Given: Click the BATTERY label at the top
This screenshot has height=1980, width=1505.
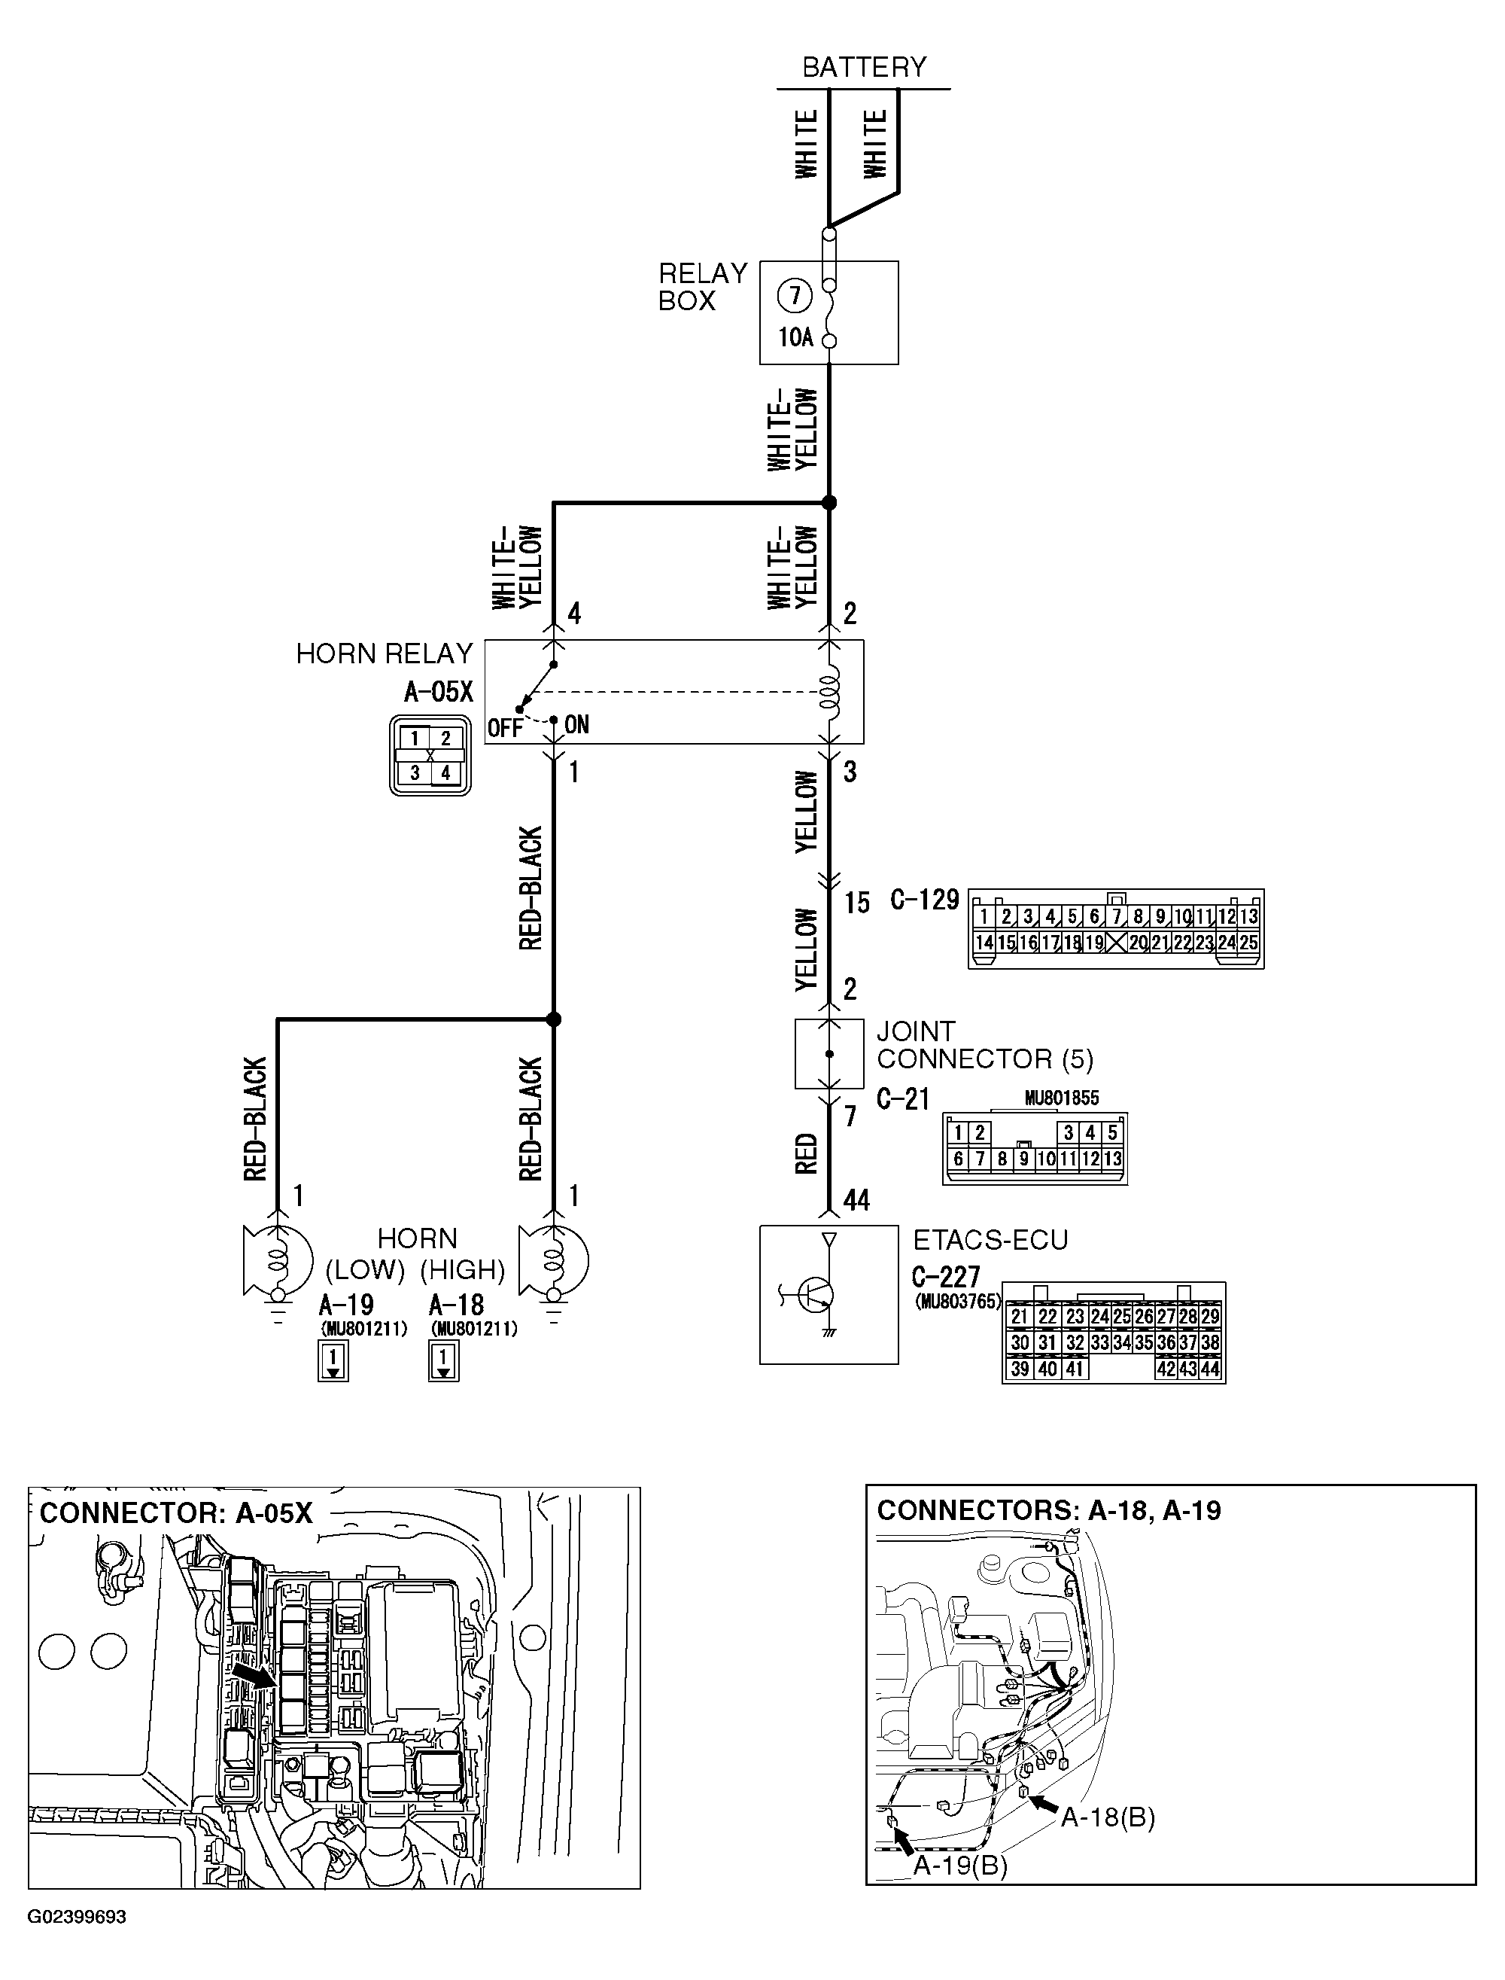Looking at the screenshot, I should click(864, 67).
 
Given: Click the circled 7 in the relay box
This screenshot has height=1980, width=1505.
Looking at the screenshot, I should click(794, 296).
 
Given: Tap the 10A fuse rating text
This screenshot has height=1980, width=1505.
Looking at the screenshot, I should click(795, 337).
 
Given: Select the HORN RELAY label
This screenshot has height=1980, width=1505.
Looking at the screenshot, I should click(384, 653).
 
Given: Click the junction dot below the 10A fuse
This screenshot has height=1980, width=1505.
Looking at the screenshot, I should click(829, 503).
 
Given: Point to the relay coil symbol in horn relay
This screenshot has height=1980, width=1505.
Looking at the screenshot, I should click(829, 691).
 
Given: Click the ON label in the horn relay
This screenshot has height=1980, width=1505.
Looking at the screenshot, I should click(577, 724).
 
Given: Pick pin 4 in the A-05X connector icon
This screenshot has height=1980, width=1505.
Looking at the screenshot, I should click(445, 772).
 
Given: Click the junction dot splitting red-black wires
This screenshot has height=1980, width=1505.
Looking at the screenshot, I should click(554, 1019).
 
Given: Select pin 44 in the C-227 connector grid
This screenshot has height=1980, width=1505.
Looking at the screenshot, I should click(1209, 1369).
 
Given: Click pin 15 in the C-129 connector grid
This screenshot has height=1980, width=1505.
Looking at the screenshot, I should click(1006, 943).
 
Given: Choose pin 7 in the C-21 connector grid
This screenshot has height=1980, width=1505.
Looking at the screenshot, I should click(980, 1159).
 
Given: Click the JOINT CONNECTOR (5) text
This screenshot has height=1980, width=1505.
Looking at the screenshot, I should click(984, 1045).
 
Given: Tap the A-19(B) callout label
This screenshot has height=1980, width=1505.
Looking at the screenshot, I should click(959, 1866).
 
